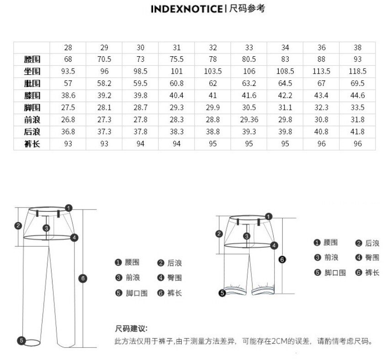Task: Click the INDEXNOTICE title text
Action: [187, 9]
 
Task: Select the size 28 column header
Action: [68, 48]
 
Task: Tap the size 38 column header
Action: [357, 48]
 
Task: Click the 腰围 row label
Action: [32, 59]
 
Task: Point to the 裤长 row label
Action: [32, 144]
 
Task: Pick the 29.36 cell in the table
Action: [249, 120]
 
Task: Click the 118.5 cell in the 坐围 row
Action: [357, 71]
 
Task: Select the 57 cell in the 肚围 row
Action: [68, 84]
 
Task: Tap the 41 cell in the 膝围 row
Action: [213, 96]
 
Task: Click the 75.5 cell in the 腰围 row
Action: [176, 59]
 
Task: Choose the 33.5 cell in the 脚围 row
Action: [357, 107]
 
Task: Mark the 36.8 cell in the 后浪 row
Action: [68, 132]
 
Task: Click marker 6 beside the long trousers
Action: [83, 278]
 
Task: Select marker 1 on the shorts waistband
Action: [269, 216]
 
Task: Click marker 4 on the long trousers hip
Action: [74, 237]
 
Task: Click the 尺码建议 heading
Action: [131, 329]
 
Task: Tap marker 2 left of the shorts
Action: [219, 234]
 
